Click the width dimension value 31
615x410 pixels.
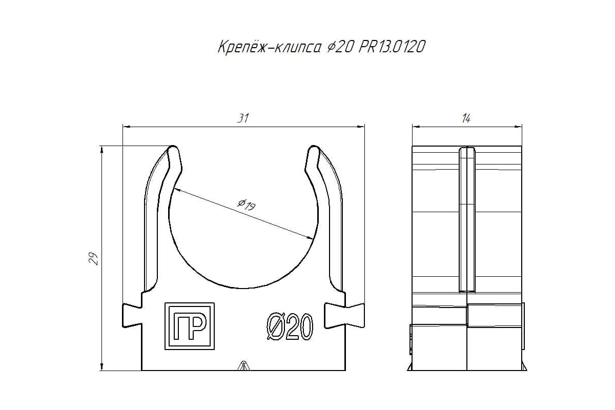[x=243, y=118]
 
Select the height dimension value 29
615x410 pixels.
[x=94, y=258]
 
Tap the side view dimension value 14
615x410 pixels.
[x=466, y=118]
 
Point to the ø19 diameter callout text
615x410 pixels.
[x=247, y=204]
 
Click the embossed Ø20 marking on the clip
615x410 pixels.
[x=290, y=327]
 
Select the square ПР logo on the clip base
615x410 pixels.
[x=190, y=326]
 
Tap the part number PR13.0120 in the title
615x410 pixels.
[x=392, y=47]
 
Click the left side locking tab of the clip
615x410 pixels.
[x=132, y=316]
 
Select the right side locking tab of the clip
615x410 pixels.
[x=344, y=316]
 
